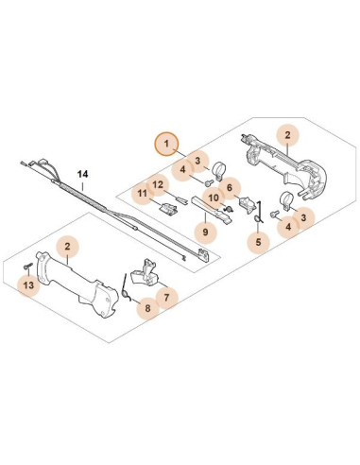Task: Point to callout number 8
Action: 146,308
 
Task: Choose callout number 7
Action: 165,296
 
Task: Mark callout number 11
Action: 142,196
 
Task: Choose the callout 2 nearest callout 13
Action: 67,247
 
